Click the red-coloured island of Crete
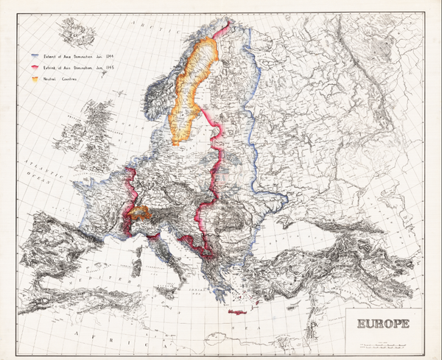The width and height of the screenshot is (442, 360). (238, 312)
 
